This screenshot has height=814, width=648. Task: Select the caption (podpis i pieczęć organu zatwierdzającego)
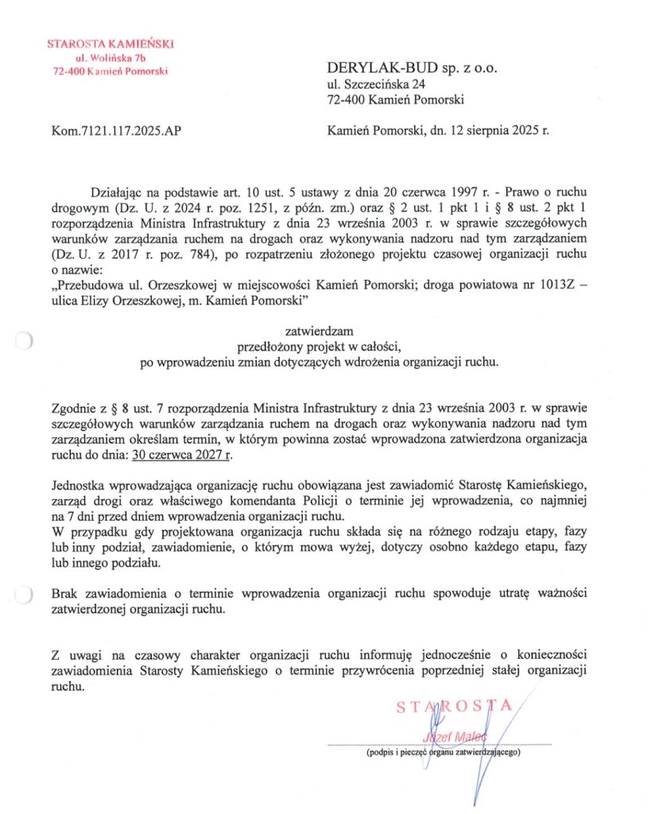click(x=443, y=751)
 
